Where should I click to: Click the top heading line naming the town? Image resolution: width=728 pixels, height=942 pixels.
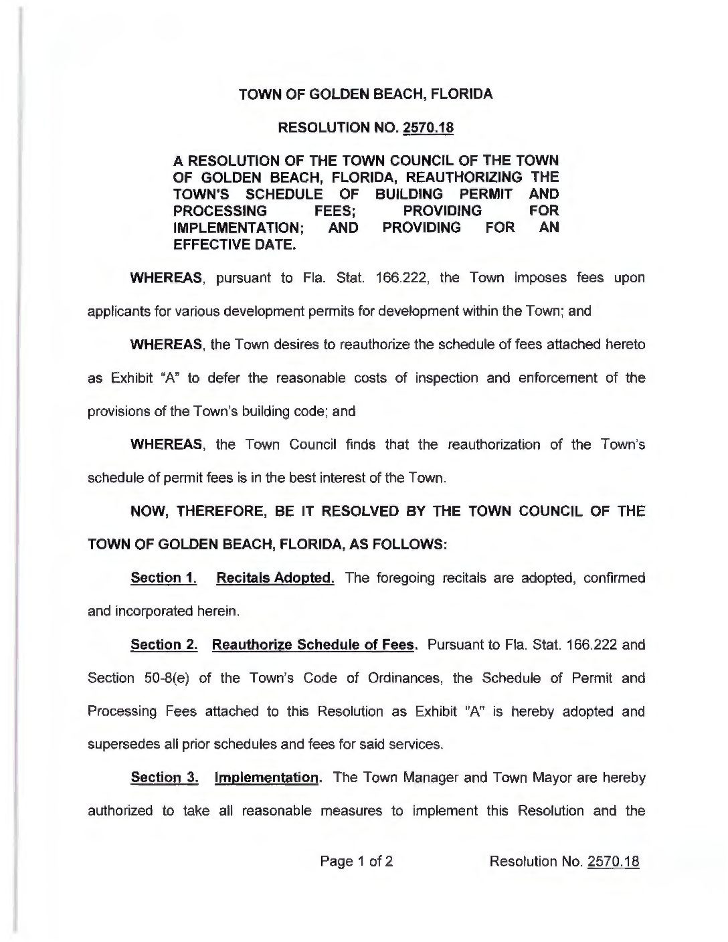coord(366,94)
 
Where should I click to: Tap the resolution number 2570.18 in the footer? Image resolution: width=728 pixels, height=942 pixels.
coord(613,861)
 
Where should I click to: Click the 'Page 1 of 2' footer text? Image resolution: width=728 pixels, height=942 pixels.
coord(357,861)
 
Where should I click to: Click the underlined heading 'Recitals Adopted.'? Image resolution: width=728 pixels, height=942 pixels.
coord(276,578)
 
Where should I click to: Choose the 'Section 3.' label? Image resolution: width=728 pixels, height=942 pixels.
coord(163,778)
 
